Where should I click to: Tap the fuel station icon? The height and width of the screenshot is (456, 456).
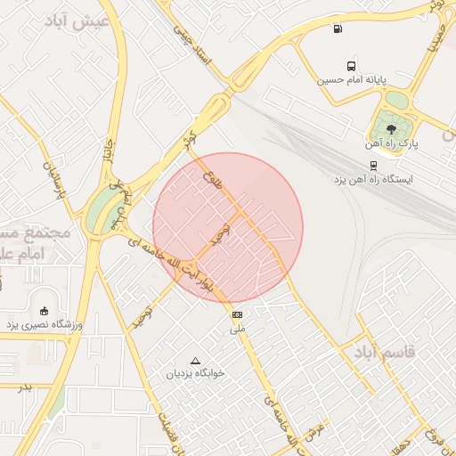tap(337, 28)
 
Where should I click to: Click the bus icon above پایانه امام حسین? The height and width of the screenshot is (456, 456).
tap(352, 66)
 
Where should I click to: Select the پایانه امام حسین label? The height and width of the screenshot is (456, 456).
tap(354, 80)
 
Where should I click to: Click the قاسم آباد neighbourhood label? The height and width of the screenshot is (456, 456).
tap(384, 353)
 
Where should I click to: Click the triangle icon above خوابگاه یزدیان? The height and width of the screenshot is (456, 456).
tap(196, 361)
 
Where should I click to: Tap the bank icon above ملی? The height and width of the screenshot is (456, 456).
tap(237, 314)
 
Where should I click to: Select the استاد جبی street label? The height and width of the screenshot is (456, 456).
tap(194, 50)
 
